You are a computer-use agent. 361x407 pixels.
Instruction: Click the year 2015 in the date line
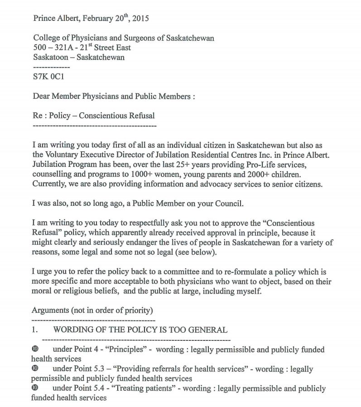[x=140, y=19]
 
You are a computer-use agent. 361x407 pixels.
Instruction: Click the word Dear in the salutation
[x=42, y=96]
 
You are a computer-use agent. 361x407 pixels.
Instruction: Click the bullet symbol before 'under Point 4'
[x=35, y=349]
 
